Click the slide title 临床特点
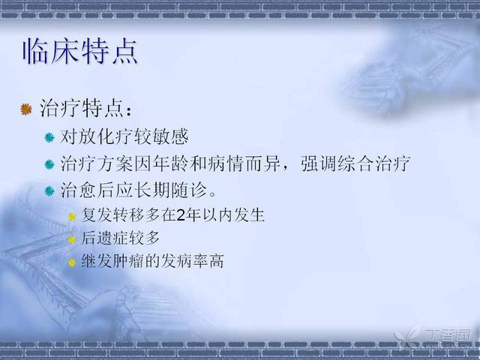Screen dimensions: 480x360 [x=80, y=51]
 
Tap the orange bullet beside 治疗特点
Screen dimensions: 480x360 [x=26, y=109]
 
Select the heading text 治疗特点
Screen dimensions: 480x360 [x=82, y=108]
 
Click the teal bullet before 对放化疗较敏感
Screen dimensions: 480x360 [x=49, y=138]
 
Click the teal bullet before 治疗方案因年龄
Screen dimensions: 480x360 [x=49, y=165]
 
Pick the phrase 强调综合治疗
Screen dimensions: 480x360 [x=355, y=163]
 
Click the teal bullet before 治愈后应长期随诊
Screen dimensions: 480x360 [x=49, y=191]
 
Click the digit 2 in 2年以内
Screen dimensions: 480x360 [x=181, y=215]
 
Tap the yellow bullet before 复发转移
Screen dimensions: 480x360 [x=72, y=217]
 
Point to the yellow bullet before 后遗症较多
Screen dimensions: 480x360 [x=72, y=240]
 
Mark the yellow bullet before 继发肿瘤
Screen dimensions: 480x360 [x=72, y=262]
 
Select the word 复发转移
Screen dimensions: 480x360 [x=112, y=215]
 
